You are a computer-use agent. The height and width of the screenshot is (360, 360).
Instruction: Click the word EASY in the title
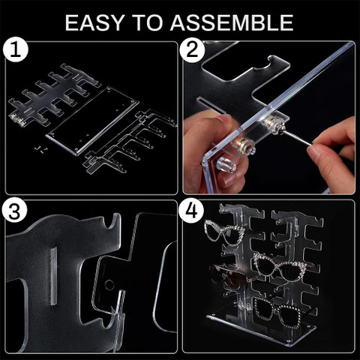(x=95, y=22)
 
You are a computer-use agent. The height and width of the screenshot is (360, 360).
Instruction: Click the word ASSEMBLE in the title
(x=232, y=22)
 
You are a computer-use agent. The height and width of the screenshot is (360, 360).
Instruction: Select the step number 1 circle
(x=16, y=49)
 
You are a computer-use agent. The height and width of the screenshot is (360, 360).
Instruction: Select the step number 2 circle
(x=192, y=50)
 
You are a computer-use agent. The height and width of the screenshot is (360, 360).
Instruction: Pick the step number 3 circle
(x=14, y=210)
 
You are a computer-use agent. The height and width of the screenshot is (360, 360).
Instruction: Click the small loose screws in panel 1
(x=40, y=149)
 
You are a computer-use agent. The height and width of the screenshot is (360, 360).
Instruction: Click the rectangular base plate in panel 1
(x=92, y=121)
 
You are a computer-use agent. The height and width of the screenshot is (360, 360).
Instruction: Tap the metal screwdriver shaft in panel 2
(x=298, y=137)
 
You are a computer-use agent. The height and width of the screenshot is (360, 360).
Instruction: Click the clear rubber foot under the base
(x=226, y=164)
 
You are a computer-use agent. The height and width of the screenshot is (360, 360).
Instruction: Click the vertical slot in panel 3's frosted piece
(x=54, y=276)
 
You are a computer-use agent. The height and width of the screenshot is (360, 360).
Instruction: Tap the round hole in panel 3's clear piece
(x=109, y=285)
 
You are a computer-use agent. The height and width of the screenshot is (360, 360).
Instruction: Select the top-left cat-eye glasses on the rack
(x=224, y=232)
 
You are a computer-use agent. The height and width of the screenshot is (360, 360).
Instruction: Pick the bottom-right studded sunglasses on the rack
(x=279, y=313)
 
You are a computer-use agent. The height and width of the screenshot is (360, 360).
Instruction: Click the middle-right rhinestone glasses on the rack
(x=280, y=267)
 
